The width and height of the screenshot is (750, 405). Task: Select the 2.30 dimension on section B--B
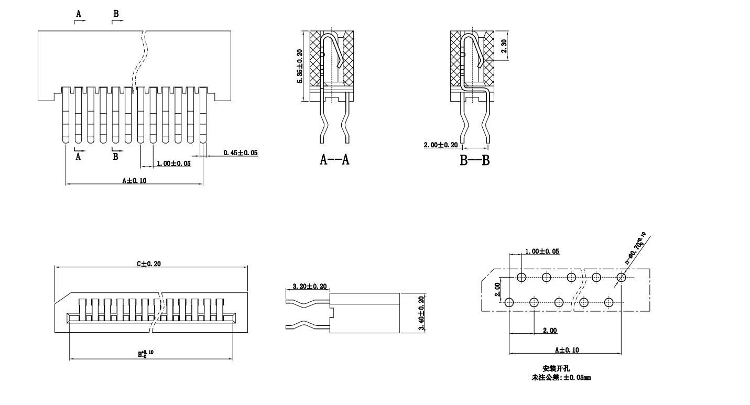pos(504,46)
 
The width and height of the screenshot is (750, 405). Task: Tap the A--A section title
pos(335,160)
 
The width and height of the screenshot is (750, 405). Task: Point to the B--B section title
pos(475,160)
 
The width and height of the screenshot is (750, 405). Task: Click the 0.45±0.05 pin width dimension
pos(241,153)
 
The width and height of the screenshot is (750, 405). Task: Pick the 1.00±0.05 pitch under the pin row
pos(173,164)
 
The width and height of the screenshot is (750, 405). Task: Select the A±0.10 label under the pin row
pos(134,180)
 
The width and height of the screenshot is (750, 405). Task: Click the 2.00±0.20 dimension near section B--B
pos(441,145)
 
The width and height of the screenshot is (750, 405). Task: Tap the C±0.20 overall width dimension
pos(149,264)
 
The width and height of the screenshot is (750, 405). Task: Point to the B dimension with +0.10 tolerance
pos(146,354)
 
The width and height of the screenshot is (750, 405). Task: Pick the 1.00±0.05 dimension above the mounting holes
pos(542,251)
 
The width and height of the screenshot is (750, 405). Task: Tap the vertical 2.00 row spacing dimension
pos(498,289)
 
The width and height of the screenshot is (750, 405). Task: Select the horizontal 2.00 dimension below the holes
pos(550,331)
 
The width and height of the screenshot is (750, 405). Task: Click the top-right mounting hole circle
pos(622,277)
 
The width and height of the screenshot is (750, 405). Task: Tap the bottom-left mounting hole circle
pos(509,302)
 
